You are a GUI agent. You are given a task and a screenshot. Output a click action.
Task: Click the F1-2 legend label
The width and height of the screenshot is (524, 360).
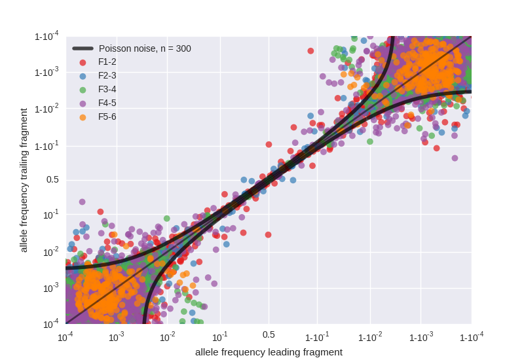point(107,62)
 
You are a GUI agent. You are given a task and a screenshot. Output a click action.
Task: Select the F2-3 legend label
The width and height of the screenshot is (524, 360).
point(107,76)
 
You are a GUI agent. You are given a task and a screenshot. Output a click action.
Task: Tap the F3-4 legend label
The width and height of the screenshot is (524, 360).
point(107,90)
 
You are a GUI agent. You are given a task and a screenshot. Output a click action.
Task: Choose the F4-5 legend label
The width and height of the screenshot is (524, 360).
point(107,103)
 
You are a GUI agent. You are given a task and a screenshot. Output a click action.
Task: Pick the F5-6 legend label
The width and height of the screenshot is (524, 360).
point(107,117)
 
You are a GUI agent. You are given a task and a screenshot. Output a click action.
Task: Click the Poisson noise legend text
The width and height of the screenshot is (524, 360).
point(145,48)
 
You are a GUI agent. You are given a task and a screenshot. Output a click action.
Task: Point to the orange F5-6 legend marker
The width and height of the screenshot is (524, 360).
point(83,117)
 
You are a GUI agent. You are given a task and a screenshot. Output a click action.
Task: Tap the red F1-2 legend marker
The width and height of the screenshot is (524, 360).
point(83,62)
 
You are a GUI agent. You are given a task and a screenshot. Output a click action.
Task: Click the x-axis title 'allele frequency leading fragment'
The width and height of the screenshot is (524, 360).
point(269,352)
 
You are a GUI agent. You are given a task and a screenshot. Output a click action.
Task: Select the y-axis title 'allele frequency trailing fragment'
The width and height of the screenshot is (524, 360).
point(24,180)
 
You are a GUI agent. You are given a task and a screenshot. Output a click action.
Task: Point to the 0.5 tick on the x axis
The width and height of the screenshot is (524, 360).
point(269,335)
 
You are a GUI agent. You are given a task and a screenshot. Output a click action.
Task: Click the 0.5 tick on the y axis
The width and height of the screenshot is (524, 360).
point(52,180)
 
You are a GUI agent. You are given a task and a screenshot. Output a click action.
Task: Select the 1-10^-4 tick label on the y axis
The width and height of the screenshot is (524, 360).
point(47,36)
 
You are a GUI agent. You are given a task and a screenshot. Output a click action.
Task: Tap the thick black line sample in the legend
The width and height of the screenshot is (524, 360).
point(83,48)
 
